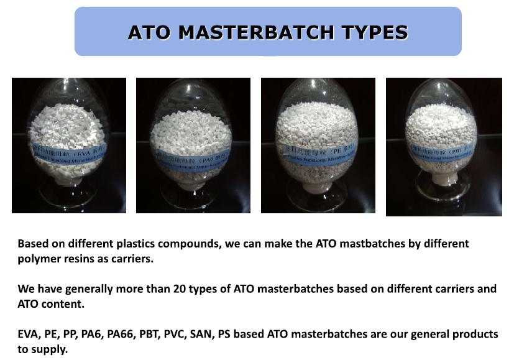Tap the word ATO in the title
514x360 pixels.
(149, 32)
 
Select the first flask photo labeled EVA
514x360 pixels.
(69, 145)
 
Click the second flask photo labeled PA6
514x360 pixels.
(193, 145)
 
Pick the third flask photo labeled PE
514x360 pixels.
(318, 145)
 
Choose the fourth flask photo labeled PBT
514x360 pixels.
(444, 147)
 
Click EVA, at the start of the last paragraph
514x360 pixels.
(29, 335)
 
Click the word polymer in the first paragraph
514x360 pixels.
(37, 259)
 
